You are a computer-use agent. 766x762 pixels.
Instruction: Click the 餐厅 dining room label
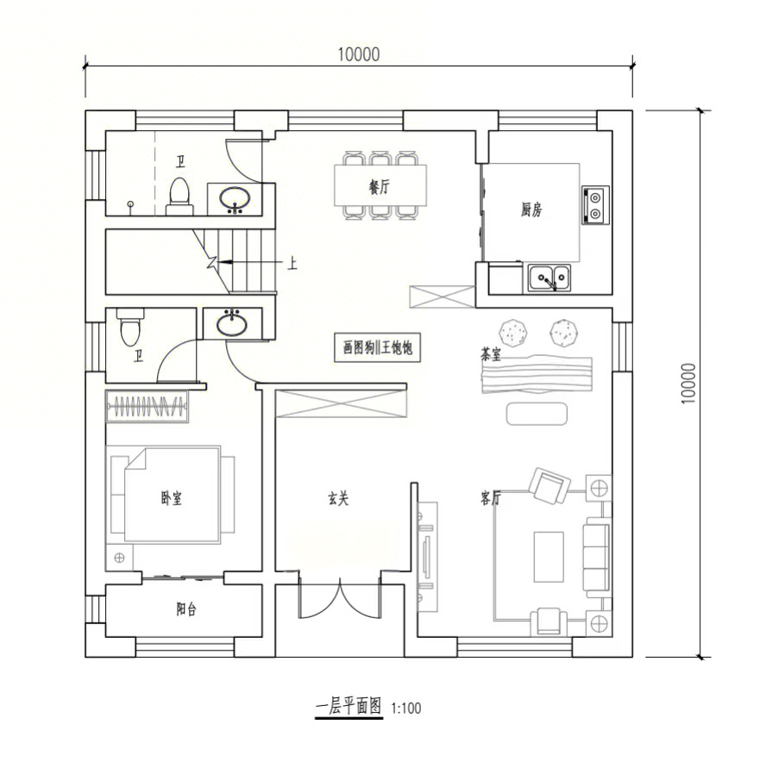click(x=379, y=186)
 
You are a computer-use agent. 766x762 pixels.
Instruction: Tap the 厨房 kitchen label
click(x=531, y=210)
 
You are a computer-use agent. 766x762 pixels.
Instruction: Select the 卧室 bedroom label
click(x=171, y=498)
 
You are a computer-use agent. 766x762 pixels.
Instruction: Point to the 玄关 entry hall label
click(x=338, y=498)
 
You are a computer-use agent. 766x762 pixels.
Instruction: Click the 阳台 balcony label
click(x=186, y=609)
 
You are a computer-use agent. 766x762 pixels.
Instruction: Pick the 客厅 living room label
click(x=491, y=498)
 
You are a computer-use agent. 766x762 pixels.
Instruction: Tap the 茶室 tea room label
click(x=491, y=354)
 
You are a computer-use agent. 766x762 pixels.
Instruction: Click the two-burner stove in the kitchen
click(x=595, y=205)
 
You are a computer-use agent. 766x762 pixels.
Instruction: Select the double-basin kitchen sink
click(x=549, y=278)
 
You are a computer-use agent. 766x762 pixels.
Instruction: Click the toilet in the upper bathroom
click(x=179, y=197)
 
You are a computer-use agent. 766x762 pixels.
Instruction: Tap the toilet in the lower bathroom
click(x=130, y=326)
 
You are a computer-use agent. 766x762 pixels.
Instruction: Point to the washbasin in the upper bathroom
click(x=235, y=199)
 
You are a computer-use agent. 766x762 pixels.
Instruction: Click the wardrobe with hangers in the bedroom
click(x=147, y=406)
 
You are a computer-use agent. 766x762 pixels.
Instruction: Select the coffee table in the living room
click(x=549, y=557)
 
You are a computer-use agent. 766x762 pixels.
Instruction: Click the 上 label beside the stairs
click(x=292, y=264)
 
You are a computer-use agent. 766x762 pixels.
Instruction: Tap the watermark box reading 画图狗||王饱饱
click(x=378, y=347)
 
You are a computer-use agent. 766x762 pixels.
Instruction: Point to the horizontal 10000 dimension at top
click(x=359, y=54)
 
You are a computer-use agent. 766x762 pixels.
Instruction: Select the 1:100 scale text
click(x=406, y=708)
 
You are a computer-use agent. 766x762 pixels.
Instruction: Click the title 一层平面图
click(x=348, y=706)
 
